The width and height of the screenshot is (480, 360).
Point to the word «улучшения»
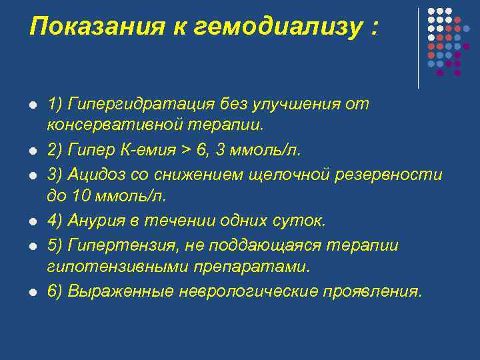(310, 104)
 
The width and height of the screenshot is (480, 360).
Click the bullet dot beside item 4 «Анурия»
(32, 221)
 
